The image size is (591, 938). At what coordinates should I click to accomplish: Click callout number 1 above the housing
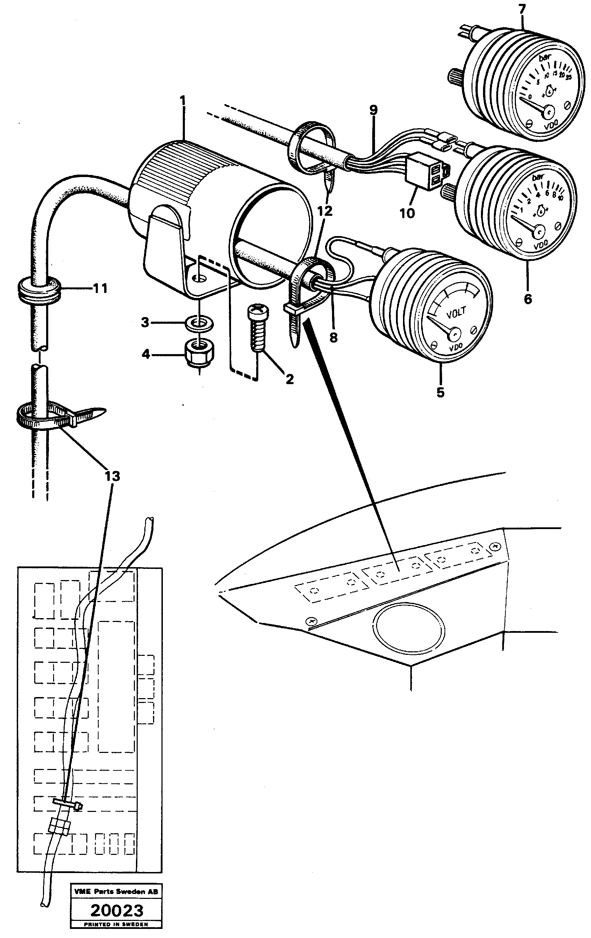(182, 102)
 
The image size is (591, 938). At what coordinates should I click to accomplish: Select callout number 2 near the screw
(289, 379)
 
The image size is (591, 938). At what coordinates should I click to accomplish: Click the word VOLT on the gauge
(456, 314)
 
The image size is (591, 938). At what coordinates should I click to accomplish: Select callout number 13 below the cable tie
(112, 476)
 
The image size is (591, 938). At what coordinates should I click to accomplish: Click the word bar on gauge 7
(544, 58)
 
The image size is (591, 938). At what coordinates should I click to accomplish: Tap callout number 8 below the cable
(333, 337)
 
